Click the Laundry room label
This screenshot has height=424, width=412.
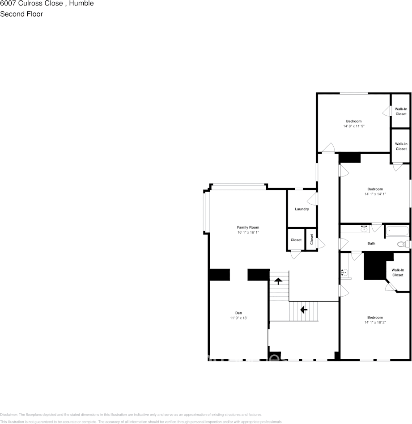[x=302, y=209]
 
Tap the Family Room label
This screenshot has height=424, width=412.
[x=248, y=227]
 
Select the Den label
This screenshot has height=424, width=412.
[x=238, y=313]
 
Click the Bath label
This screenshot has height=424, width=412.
[x=371, y=243]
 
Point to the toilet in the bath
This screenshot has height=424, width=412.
[x=403, y=244]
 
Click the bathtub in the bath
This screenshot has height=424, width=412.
[x=397, y=231]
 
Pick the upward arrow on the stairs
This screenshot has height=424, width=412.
[x=278, y=281]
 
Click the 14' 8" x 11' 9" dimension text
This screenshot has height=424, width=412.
[x=353, y=126]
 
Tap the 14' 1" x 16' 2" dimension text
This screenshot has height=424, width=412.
[x=375, y=322]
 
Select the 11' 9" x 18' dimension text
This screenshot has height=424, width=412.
[x=238, y=318]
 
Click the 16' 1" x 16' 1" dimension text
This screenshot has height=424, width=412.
[x=248, y=232]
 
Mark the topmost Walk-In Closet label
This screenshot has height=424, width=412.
[x=401, y=111]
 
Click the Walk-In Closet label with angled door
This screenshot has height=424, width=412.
[x=398, y=273]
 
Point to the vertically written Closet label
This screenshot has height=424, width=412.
[x=312, y=239]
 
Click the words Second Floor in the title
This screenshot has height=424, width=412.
[x=21, y=14]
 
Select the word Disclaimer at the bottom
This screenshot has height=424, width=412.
[x=8, y=415]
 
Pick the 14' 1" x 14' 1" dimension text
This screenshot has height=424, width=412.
[x=375, y=194]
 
